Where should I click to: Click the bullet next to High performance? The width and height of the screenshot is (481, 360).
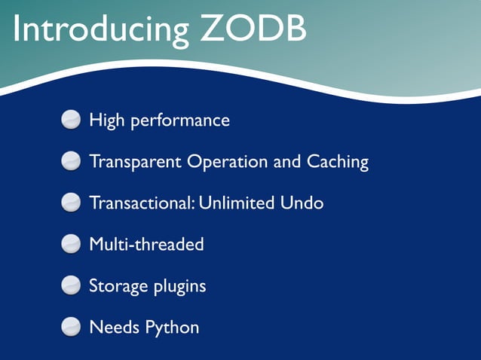tap(71, 120)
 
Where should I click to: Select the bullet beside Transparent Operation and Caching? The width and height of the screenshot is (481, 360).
tap(71, 161)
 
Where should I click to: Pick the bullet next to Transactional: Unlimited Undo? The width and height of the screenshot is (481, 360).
tap(71, 203)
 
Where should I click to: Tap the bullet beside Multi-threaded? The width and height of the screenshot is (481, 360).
tap(71, 244)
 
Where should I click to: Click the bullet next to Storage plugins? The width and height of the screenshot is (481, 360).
tap(71, 285)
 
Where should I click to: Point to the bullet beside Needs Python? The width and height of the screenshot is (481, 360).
tap(71, 327)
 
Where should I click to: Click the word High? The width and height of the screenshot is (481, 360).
tap(106, 121)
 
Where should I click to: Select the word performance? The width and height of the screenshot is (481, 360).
tap(180, 121)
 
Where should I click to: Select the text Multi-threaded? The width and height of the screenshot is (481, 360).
tap(146, 245)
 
